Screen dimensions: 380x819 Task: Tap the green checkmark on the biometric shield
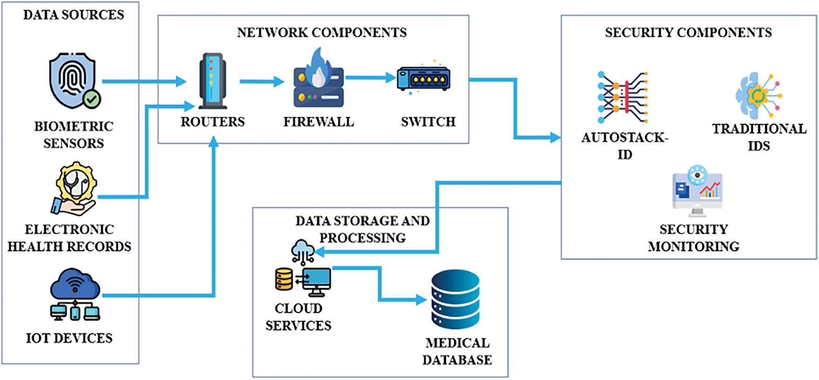pyautogui.click(x=92, y=99)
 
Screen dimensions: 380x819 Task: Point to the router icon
pyautogui.click(x=212, y=81)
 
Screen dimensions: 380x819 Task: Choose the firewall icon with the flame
pyautogui.click(x=319, y=79)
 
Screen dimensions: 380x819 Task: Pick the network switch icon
pyautogui.click(x=423, y=78)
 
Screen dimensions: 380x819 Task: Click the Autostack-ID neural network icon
pyautogui.click(x=623, y=97)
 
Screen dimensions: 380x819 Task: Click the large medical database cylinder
pyautogui.click(x=455, y=299)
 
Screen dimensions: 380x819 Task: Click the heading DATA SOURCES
pyautogui.click(x=74, y=15)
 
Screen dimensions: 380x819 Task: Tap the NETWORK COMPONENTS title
pyautogui.click(x=322, y=32)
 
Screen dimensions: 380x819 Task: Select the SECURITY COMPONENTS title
pyautogui.click(x=688, y=32)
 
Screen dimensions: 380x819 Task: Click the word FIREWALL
pyautogui.click(x=319, y=122)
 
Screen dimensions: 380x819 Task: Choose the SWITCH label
pyautogui.click(x=428, y=122)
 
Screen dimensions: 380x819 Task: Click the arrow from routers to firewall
pyautogui.click(x=262, y=82)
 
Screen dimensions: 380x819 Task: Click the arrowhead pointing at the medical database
pyautogui.click(x=421, y=300)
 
